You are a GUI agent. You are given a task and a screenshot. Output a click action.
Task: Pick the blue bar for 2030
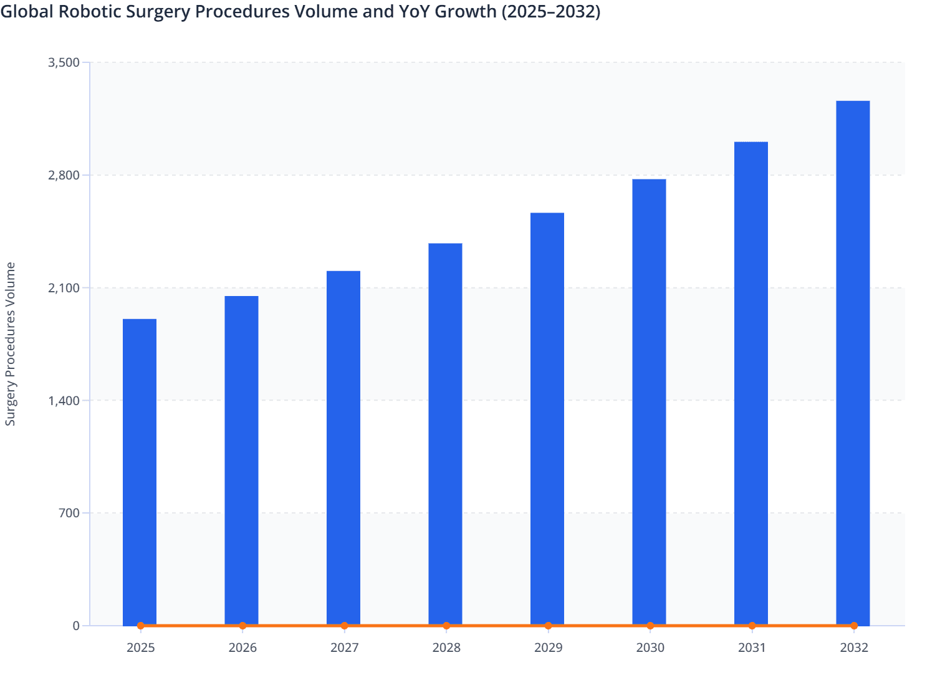(x=649, y=402)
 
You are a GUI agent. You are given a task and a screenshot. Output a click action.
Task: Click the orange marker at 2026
(x=242, y=626)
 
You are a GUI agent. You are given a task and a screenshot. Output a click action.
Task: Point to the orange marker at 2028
(x=446, y=626)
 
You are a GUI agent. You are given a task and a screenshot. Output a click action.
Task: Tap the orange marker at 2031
(x=752, y=626)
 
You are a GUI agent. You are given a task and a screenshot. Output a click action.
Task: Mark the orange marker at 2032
(x=854, y=626)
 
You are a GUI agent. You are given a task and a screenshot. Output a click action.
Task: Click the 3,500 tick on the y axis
(x=64, y=62)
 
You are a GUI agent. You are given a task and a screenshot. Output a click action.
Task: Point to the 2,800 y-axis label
(x=64, y=175)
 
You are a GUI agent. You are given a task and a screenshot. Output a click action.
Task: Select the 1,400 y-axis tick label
(x=64, y=400)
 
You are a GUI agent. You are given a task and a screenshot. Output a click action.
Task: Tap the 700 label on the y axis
(x=69, y=513)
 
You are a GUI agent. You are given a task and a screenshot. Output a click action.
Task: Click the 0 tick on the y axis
(x=76, y=626)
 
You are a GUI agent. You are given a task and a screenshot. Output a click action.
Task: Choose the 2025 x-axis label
(x=141, y=648)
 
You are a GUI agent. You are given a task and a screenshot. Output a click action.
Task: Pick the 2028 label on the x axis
(x=446, y=648)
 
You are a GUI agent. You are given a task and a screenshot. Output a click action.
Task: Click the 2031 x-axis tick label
(x=752, y=648)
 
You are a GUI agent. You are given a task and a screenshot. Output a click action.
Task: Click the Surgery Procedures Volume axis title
(x=11, y=344)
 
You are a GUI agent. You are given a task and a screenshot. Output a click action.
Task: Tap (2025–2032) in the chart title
(x=551, y=11)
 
